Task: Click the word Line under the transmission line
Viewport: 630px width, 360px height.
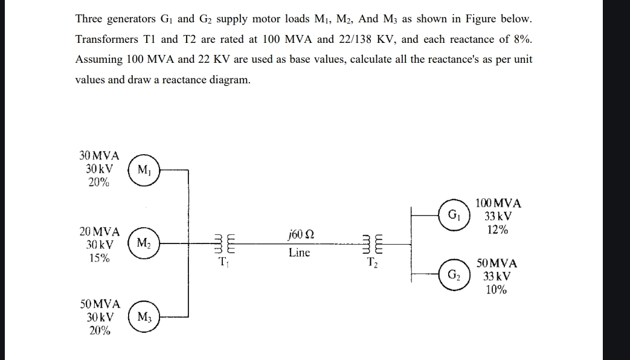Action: pyautogui.click(x=299, y=252)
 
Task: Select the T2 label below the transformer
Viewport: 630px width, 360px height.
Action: pyautogui.click(x=373, y=262)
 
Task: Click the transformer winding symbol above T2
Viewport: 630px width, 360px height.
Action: pyautogui.click(x=373, y=244)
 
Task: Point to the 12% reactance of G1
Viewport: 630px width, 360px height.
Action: pyautogui.click(x=498, y=230)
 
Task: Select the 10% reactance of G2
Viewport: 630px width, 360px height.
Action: pyautogui.click(x=497, y=289)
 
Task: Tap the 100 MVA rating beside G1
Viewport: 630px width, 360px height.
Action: pyautogui.click(x=498, y=204)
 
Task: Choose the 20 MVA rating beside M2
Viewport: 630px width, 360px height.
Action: pyautogui.click(x=100, y=231)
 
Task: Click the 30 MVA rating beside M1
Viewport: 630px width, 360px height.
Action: pyautogui.click(x=100, y=155)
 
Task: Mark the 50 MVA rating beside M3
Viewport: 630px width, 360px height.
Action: pyautogui.click(x=100, y=303)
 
